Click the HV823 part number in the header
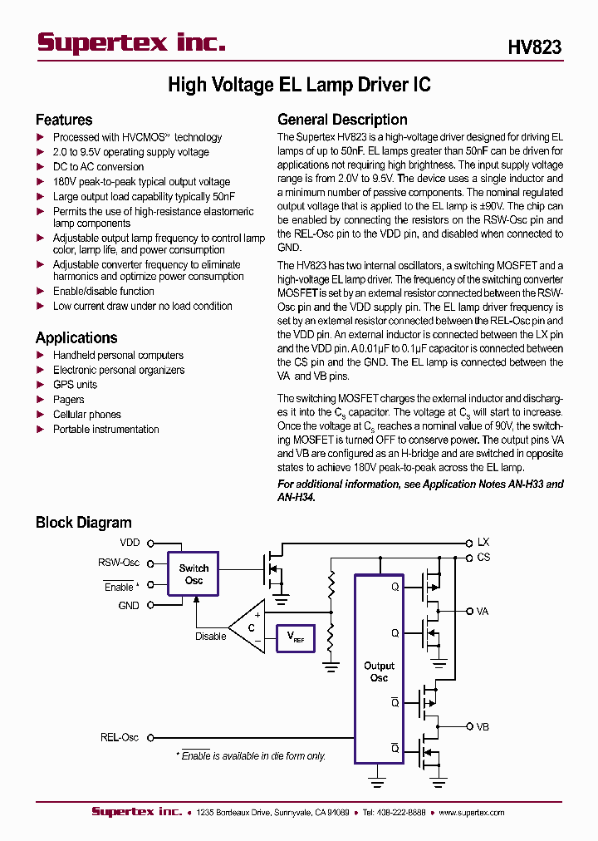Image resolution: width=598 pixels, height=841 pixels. pyautogui.click(x=534, y=47)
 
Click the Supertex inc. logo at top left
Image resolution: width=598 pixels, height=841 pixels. pyautogui.click(x=131, y=43)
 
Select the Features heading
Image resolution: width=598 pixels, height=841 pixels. pyautogui.click(x=64, y=120)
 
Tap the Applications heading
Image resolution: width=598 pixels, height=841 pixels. pyautogui.click(x=76, y=337)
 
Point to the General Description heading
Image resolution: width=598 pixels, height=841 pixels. pyautogui.click(x=342, y=120)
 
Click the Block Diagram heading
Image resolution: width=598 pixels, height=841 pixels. pyautogui.click(x=83, y=523)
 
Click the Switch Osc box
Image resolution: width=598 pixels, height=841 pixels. pyautogui.click(x=194, y=574)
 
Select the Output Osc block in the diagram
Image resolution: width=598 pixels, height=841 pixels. pyautogui.click(x=379, y=670)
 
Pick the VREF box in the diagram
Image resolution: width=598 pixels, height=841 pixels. pyautogui.click(x=295, y=637)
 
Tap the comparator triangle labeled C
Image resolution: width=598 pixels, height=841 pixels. pyautogui.click(x=249, y=627)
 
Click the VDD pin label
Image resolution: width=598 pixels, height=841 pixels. pyautogui.click(x=130, y=543)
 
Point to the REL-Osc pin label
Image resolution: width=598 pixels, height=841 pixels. pyautogui.click(x=120, y=737)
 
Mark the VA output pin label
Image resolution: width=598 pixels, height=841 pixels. pyautogui.click(x=482, y=611)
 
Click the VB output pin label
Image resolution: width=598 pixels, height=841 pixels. pyautogui.click(x=482, y=726)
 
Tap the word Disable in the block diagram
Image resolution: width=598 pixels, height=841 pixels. pyautogui.click(x=210, y=637)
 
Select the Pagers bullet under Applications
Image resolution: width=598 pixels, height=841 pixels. pyautogui.click(x=68, y=400)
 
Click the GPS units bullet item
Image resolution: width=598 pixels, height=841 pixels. pyautogui.click(x=75, y=385)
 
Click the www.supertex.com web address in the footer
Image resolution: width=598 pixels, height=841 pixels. pyautogui.click(x=471, y=813)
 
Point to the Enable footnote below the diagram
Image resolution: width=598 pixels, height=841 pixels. pyautogui.click(x=250, y=756)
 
